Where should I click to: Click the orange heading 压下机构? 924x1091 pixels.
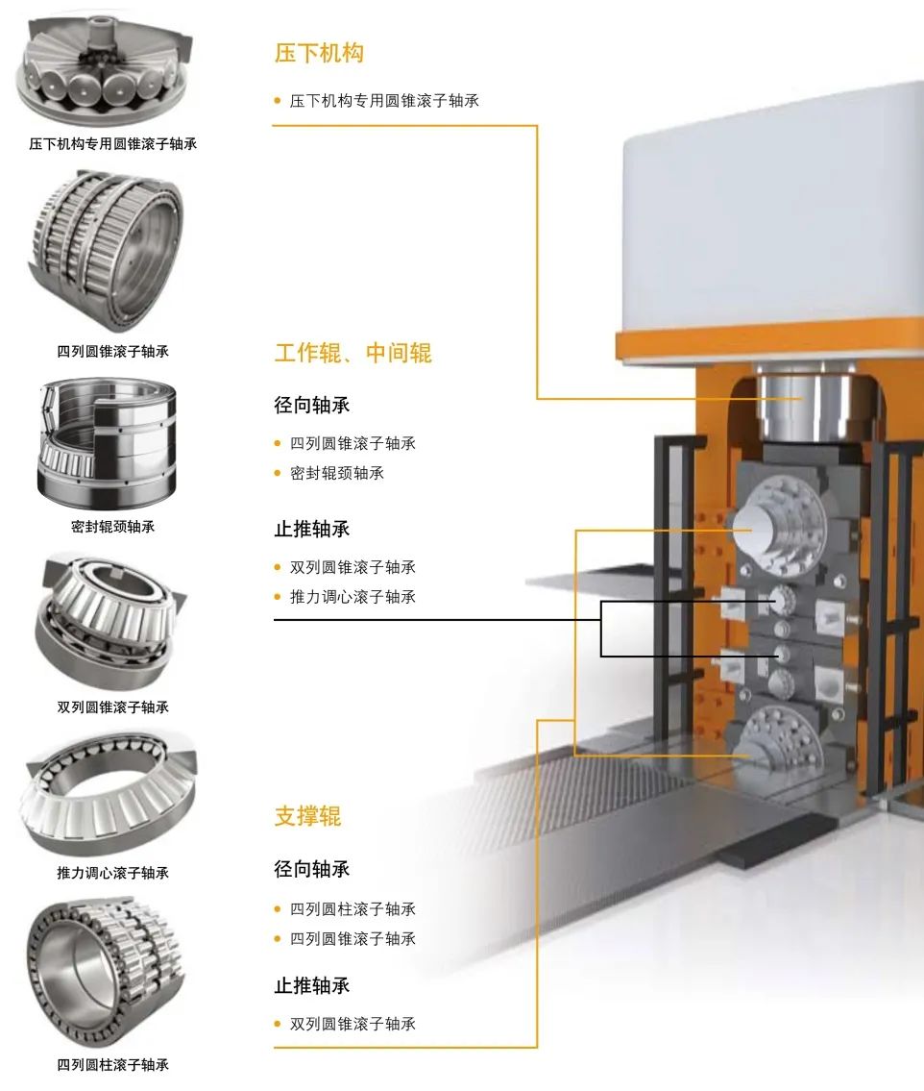coord(319,53)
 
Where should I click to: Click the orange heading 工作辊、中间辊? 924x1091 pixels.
coord(353,353)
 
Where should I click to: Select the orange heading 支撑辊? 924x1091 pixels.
coord(308,815)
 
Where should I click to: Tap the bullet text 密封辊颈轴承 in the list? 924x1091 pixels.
coord(337,473)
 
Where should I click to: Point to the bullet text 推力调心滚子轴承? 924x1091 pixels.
coord(353,596)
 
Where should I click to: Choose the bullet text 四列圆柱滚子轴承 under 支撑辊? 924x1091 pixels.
coord(353,908)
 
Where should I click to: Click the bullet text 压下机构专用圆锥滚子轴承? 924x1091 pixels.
coord(384,101)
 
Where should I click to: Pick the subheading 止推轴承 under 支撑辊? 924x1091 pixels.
coord(312,985)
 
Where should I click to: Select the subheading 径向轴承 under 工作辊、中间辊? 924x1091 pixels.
coord(312,405)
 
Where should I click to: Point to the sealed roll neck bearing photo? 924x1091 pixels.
coord(108,443)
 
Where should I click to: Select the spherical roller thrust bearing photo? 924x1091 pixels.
coord(109,793)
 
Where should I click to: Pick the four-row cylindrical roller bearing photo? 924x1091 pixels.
coord(106,972)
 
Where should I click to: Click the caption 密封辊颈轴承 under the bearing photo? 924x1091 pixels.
coord(112,527)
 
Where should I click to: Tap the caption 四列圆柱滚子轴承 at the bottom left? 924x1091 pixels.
coord(112,1064)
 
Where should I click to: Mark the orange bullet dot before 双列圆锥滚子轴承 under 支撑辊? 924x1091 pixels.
coord(278,1024)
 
